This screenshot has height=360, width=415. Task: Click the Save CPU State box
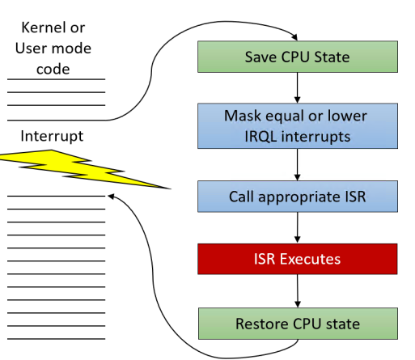(298, 57)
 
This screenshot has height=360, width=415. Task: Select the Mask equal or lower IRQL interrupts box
(298, 126)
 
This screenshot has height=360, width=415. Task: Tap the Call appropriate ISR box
(298, 197)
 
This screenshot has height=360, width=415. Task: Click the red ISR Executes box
(298, 259)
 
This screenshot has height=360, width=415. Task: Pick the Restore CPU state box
(298, 324)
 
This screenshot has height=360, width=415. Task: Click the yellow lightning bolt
(81, 168)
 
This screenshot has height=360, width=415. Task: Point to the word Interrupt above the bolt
(52, 136)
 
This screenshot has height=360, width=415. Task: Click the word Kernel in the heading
(43, 28)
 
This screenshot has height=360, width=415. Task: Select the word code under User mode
(53, 70)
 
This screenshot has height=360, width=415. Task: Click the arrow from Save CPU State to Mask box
(298, 88)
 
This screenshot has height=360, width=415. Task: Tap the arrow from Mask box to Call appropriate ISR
(298, 165)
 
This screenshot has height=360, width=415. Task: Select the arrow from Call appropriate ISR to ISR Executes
(298, 228)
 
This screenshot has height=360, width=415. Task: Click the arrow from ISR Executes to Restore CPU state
(298, 291)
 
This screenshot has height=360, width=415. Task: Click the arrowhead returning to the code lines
(111, 197)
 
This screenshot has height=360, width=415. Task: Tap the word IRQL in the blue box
(260, 137)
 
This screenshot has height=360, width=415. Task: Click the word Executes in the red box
(310, 259)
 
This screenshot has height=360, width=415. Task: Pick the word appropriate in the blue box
(299, 197)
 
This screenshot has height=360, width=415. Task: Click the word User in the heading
(32, 49)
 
